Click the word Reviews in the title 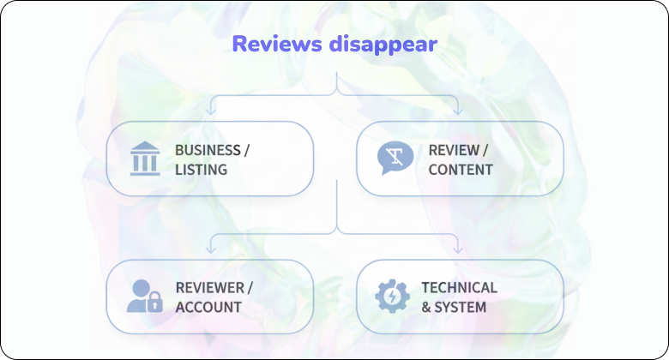pyautogui.click(x=277, y=45)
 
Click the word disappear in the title pyautogui.click(x=383, y=45)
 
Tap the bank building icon pyautogui.click(x=145, y=159)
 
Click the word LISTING pyautogui.click(x=201, y=170)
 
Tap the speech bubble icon pyautogui.click(x=395, y=159)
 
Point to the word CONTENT pyautogui.click(x=461, y=170)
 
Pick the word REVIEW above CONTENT pyautogui.click(x=453, y=150)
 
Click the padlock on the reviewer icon pyautogui.click(x=155, y=303)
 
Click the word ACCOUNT pyautogui.click(x=208, y=307)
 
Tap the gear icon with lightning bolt pyautogui.click(x=392, y=297)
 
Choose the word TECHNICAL pyautogui.click(x=459, y=287)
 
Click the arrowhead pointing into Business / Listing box pyautogui.click(x=211, y=111)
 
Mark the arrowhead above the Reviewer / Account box pyautogui.click(x=211, y=249)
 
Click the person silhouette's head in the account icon pyautogui.click(x=142, y=286)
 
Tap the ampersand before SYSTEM pyautogui.click(x=426, y=307)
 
